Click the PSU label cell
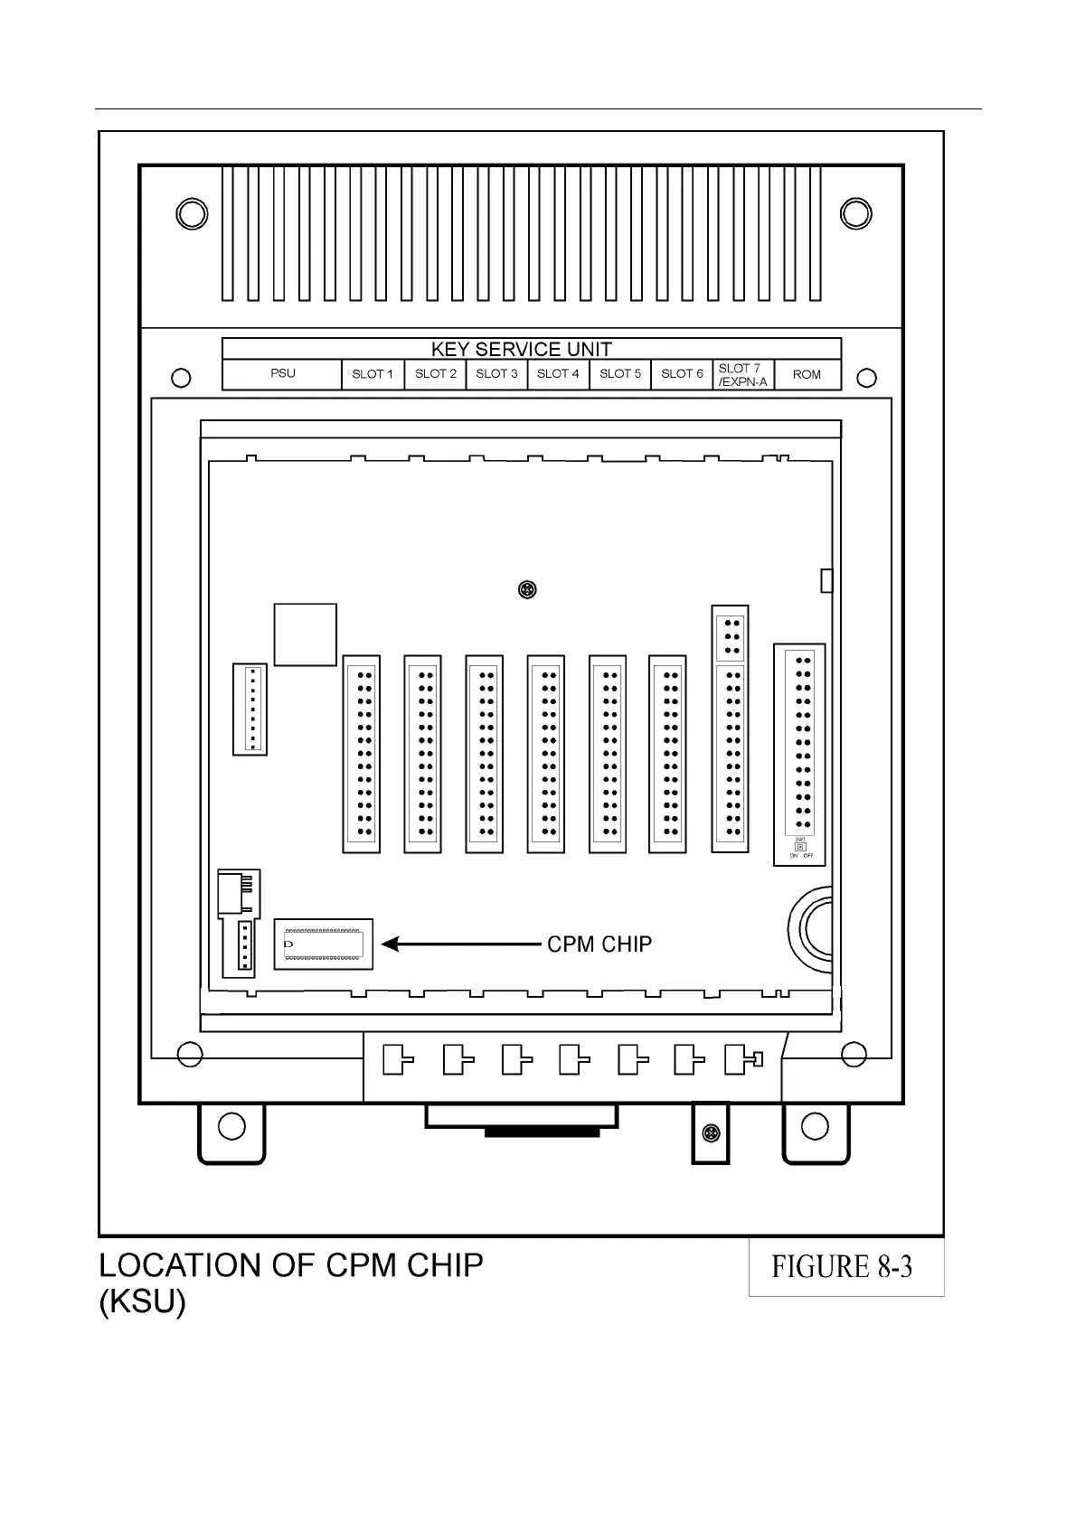[x=282, y=373]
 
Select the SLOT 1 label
[x=373, y=374]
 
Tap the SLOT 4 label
[x=558, y=373]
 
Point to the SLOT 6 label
[x=682, y=373]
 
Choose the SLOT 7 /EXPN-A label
[x=742, y=375]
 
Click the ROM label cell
[x=807, y=374]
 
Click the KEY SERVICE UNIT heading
[x=522, y=350]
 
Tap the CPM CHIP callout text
[x=599, y=944]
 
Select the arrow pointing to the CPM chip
[x=461, y=944]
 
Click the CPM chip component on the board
[x=324, y=944]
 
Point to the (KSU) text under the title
[x=142, y=1303]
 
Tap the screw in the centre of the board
[x=527, y=590]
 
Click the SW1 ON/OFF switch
[x=800, y=848]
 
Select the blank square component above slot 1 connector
[x=306, y=634]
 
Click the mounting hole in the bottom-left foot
[x=231, y=1126]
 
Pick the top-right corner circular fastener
[x=855, y=213]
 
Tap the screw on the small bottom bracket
[x=712, y=1133]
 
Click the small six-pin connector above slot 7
[x=731, y=636]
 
